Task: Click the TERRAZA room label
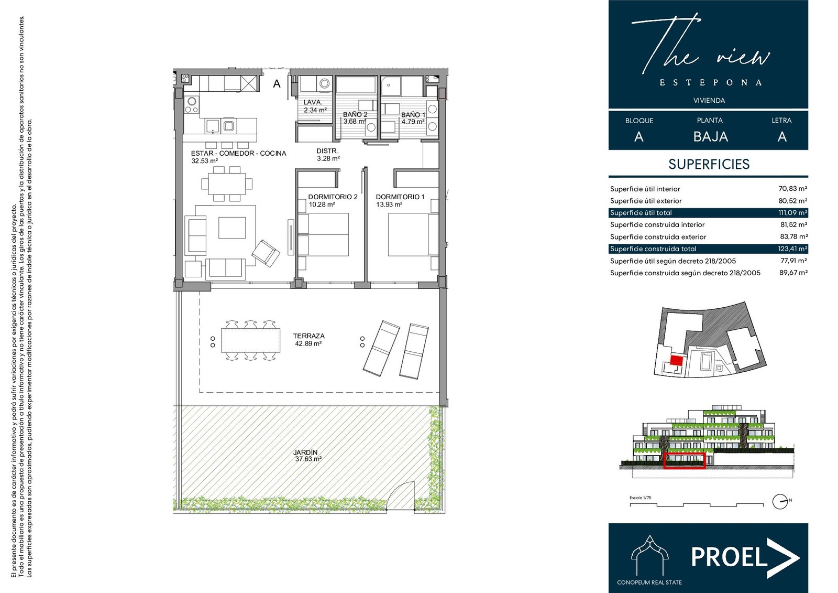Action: pyautogui.click(x=308, y=336)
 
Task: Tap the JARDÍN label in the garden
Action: pyautogui.click(x=305, y=452)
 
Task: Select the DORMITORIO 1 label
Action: pyautogui.click(x=400, y=197)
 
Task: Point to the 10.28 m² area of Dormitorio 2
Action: pyautogui.click(x=322, y=204)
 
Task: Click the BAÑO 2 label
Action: pyautogui.click(x=355, y=114)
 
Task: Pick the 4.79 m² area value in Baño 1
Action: pyautogui.click(x=413, y=122)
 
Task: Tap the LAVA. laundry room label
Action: pyautogui.click(x=313, y=102)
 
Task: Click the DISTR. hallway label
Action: pyautogui.click(x=327, y=151)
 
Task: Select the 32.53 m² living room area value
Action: pyautogui.click(x=204, y=161)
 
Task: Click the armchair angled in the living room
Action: pyautogui.click(x=266, y=253)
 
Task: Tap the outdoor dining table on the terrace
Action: pyautogui.click(x=250, y=340)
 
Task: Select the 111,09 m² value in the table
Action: pyautogui.click(x=793, y=213)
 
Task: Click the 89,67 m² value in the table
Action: pyautogui.click(x=793, y=273)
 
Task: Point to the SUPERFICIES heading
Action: pyautogui.click(x=709, y=164)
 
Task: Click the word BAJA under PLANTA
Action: pyautogui.click(x=710, y=137)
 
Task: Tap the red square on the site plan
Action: pyautogui.click(x=676, y=360)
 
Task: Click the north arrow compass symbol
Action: pyautogui.click(x=780, y=502)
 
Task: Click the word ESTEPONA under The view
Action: pyautogui.click(x=710, y=83)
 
